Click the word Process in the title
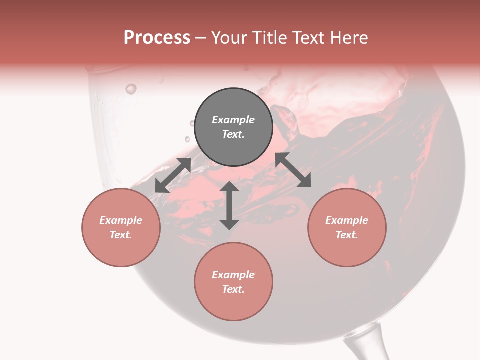coord(157,38)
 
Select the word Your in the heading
coord(230,38)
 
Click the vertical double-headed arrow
coord(229,205)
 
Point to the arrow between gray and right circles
coord(293,170)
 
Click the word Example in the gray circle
coord(233,120)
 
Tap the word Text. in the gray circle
coord(233,134)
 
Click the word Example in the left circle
coord(121,220)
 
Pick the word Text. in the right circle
coord(347,235)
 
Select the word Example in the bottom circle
coord(233,275)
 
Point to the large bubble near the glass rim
coord(131,89)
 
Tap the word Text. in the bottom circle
coord(233,289)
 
